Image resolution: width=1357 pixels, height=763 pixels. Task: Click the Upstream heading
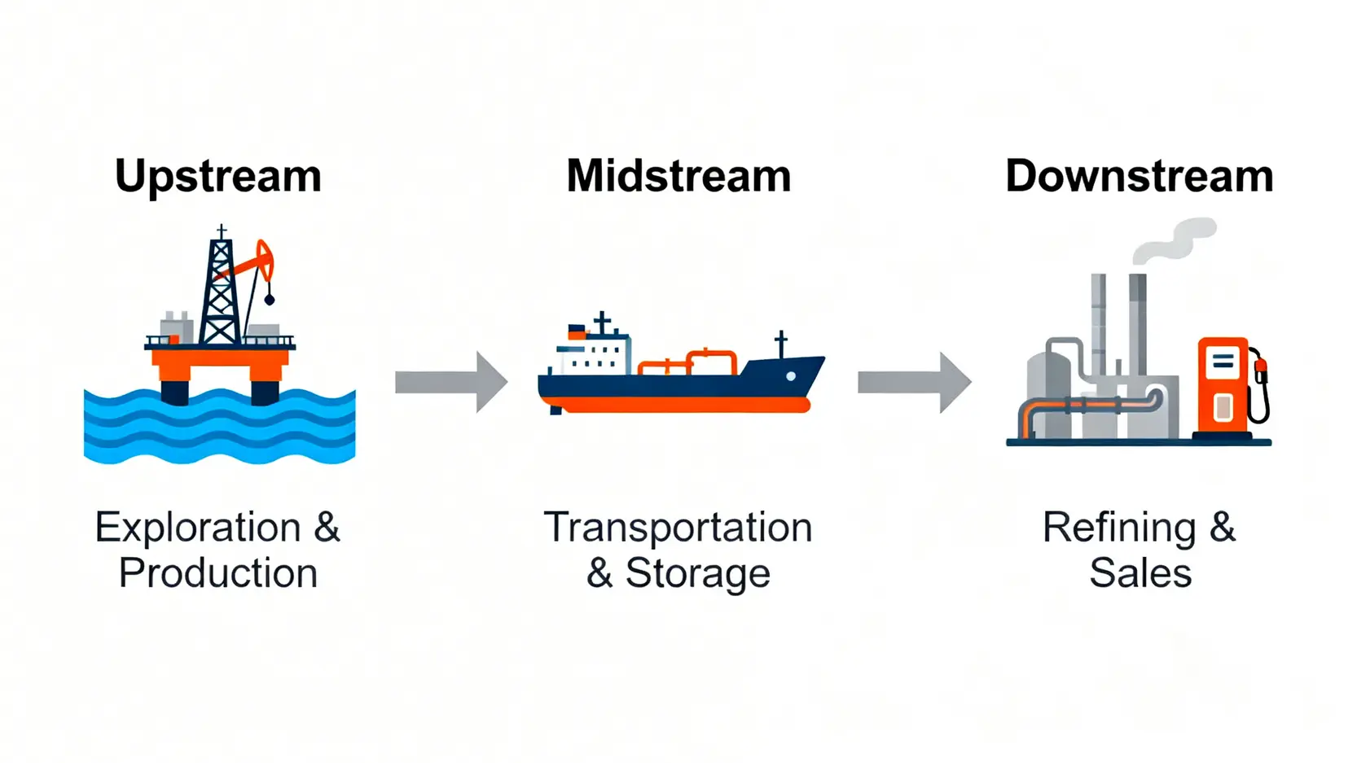coord(218,177)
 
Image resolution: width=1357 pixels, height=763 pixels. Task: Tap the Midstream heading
coord(678,177)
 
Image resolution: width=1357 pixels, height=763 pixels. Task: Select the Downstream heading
coord(1139,177)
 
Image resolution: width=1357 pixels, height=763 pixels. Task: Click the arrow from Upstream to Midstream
coord(451,382)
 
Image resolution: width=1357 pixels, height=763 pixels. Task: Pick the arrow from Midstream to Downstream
coord(914,382)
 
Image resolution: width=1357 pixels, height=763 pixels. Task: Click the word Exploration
coord(198,528)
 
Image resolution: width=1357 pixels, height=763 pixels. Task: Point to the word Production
coord(218,573)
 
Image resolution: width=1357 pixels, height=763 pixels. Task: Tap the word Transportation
coord(678,528)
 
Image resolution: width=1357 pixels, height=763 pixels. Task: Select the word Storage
coord(697,573)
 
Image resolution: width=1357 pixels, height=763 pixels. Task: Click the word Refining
coord(1119,528)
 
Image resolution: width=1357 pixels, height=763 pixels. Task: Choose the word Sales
coord(1140,573)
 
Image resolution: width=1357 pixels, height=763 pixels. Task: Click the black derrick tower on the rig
coord(220,293)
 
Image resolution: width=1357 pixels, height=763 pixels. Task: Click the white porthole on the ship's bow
coord(790,376)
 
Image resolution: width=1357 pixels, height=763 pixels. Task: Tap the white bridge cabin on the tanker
coord(592,354)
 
